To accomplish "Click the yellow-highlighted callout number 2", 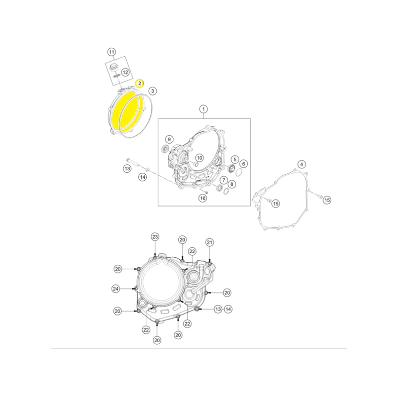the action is point(140,83).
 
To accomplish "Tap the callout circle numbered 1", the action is point(204,109).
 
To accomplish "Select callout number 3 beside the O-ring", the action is point(153,91).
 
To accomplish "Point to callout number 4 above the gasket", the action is point(302,164).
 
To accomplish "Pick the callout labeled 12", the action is point(125,72).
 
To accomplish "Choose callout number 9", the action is point(169,140).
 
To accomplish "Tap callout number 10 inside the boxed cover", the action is point(199,158).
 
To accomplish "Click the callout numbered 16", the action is point(203,198).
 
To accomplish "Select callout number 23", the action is point(155,237).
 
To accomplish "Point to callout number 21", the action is point(210,243).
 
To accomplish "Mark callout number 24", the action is point(116,289).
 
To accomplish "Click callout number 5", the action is point(235,159).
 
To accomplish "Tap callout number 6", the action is point(244,164).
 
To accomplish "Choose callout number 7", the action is point(224,180).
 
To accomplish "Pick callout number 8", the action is point(232,184).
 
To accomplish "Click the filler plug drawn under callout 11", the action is point(113,67).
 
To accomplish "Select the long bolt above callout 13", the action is point(135,162).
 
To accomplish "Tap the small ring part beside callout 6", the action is point(238,172).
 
